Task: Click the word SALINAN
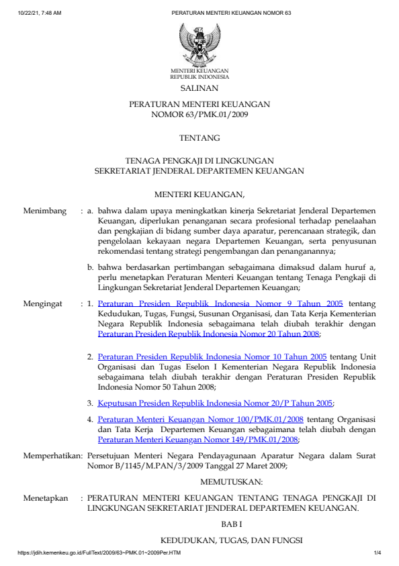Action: pyautogui.click(x=199, y=88)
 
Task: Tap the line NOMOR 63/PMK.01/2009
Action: pyautogui.click(x=199, y=115)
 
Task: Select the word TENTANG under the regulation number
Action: pyautogui.click(x=199, y=138)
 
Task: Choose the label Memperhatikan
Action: pyautogui.click(x=52, y=455)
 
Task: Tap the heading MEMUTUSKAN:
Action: pyautogui.click(x=222, y=481)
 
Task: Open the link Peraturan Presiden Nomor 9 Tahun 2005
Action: pyautogui.click(x=220, y=304)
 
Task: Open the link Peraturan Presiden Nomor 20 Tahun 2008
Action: pyautogui.click(x=208, y=333)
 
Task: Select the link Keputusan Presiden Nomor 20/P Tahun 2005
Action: pyautogui.click(x=215, y=403)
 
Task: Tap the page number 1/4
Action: pyautogui.click(x=377, y=553)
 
